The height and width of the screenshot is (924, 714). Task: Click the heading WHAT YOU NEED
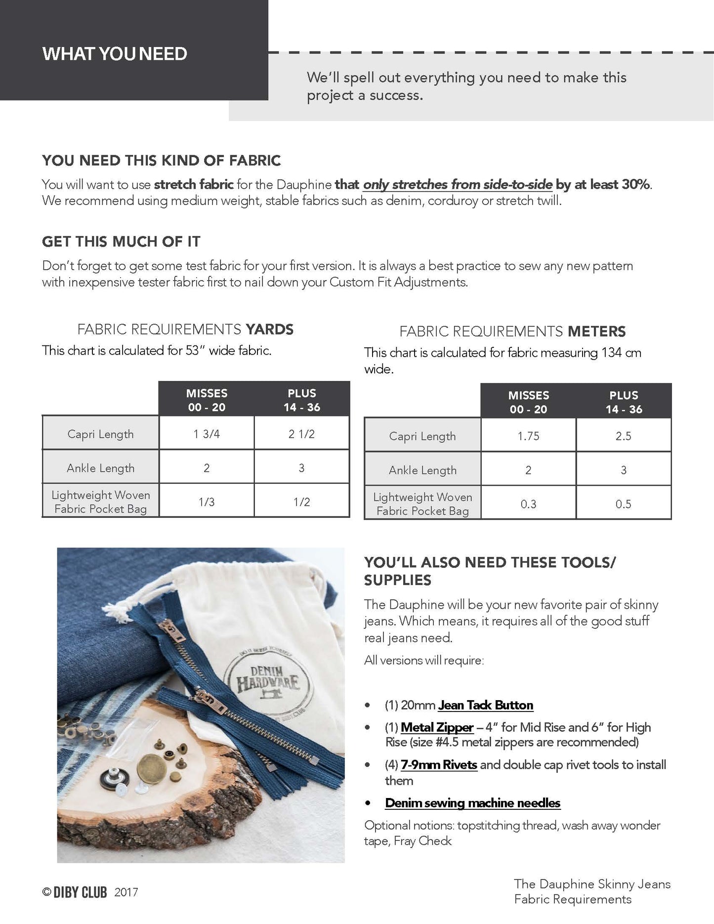pos(115,53)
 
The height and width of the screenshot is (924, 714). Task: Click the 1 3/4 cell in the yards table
pos(207,434)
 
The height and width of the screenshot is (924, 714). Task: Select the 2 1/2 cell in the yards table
pos(301,434)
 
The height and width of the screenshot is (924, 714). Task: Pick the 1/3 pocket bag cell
pos(207,502)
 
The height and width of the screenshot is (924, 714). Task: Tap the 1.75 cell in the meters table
pos(528,436)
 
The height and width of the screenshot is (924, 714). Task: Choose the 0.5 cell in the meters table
pos(623,504)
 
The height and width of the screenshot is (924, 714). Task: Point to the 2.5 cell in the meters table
pos(623,436)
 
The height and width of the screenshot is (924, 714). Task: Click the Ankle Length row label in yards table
pos(100,468)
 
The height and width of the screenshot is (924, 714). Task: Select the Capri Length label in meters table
pos(422,436)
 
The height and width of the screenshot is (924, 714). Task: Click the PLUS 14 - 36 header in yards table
pos(301,400)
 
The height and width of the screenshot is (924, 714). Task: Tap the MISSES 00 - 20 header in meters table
pos(528,402)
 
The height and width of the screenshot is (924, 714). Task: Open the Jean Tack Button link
pos(485,705)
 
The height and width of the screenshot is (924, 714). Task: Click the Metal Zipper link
pos(437,727)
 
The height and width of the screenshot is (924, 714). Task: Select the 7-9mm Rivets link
pos(439,765)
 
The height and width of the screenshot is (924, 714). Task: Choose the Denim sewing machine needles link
pos(472,803)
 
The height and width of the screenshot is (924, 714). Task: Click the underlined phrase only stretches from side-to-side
pos(458,184)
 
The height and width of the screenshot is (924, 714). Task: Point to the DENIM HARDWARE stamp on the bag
pos(268,679)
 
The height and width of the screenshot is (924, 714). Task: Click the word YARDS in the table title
pos(269,330)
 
